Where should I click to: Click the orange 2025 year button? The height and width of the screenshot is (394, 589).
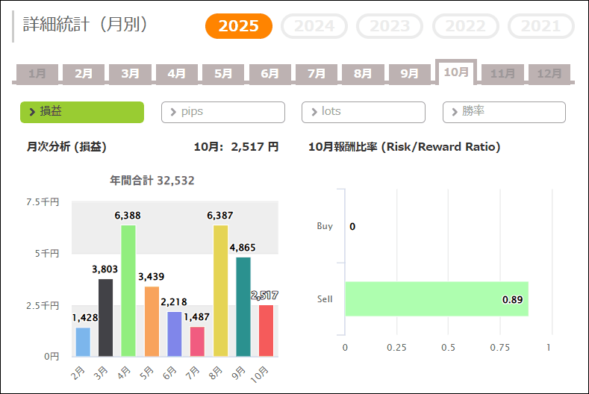pos(239,26)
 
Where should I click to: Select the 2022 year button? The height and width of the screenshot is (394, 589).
pos(465,26)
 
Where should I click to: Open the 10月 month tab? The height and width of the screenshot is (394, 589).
pos(456,72)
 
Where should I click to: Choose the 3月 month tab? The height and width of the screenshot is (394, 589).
pos(130,73)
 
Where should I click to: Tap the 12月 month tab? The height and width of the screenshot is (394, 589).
pos(549,73)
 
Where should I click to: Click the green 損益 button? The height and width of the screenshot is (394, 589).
pos(81,112)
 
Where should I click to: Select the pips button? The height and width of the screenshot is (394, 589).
pos(222,112)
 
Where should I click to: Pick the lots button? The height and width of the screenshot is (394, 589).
pos(363,112)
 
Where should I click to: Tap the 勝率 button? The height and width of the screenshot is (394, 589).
pos(504,112)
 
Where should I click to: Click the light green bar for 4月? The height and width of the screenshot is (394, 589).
pos(128,291)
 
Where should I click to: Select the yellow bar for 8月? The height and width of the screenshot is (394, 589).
pos(220,291)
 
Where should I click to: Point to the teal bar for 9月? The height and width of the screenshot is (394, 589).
pos(243,307)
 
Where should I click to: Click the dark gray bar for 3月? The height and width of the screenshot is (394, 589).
pos(105,318)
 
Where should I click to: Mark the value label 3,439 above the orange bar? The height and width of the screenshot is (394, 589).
pos(152,277)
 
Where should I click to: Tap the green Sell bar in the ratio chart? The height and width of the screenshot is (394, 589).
pos(436,299)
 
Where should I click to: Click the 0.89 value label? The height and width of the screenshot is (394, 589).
pos(512,300)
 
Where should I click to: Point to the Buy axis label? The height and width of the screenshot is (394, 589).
pos(325,226)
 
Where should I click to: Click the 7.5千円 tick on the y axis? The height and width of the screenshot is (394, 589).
pos(43,202)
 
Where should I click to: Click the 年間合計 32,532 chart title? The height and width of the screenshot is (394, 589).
pos(152,181)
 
